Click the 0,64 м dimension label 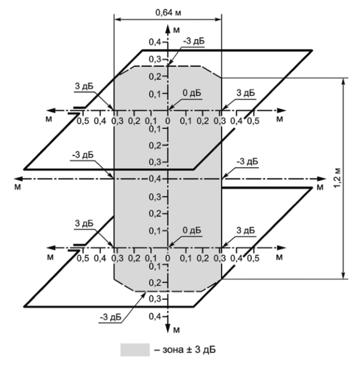coord(167,12)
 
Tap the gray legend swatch coord(135,349)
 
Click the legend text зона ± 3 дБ coord(185,349)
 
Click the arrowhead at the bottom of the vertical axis coord(168,328)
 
